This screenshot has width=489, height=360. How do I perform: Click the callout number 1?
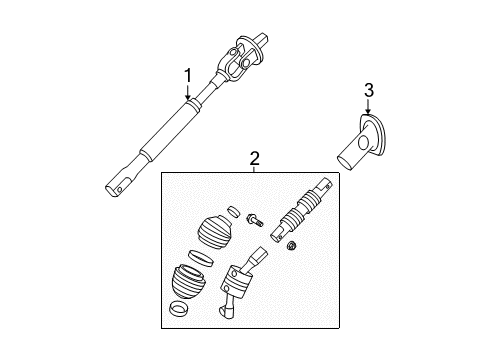pyautogui.click(x=186, y=75)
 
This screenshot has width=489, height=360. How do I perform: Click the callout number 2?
pyautogui.click(x=254, y=158)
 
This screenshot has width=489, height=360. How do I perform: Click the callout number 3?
pyautogui.click(x=369, y=92)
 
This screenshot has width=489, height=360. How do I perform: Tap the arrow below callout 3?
pyautogui.click(x=369, y=110)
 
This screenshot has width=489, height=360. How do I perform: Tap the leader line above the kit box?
pyautogui.click(x=254, y=170)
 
